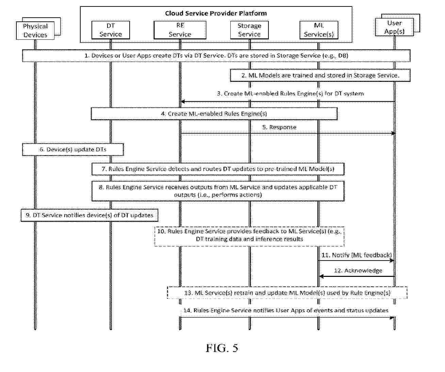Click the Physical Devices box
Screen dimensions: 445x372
(35, 31)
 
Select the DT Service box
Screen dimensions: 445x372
(111, 30)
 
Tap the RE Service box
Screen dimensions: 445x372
(180, 30)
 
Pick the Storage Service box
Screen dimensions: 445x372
(249, 30)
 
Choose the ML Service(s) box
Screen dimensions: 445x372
(319, 30)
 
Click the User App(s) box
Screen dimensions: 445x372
(394, 27)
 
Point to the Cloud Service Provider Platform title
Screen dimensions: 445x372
(216, 13)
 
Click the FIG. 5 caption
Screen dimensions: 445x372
(222, 348)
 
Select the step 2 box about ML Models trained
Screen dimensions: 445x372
(320, 75)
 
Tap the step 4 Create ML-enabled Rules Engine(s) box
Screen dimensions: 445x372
(214, 114)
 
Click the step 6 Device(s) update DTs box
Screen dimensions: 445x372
(73, 149)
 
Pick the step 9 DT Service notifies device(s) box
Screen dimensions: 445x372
(89, 215)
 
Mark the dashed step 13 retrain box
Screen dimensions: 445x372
(287, 293)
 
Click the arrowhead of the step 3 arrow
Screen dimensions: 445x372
(182, 102)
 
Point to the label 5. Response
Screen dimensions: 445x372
(279, 127)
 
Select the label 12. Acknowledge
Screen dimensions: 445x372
(358, 270)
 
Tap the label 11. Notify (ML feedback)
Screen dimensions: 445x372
(357, 255)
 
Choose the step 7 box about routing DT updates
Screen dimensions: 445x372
(218, 169)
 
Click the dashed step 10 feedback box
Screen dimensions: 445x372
(249, 236)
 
